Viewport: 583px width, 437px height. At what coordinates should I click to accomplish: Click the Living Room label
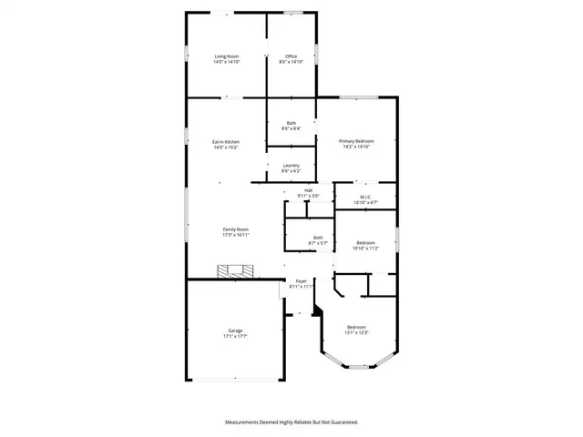click(x=227, y=56)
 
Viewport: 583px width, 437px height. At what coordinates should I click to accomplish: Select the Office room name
click(x=291, y=56)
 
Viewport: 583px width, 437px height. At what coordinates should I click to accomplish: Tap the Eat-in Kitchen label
click(x=226, y=141)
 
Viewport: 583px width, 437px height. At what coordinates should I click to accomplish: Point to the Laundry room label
click(x=291, y=166)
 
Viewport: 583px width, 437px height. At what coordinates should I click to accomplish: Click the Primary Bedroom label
click(x=356, y=141)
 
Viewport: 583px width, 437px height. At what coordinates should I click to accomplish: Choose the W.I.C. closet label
click(x=364, y=196)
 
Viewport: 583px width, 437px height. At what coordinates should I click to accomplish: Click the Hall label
click(x=309, y=190)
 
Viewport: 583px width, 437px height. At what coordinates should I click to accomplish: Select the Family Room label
click(x=236, y=229)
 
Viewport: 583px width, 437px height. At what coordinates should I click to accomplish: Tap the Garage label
click(x=235, y=330)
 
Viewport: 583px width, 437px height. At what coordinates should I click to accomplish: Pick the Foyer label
click(x=301, y=281)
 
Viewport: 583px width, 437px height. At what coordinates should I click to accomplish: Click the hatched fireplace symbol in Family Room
click(x=236, y=270)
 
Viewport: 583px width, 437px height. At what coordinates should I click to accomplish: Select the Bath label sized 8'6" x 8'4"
click(x=291, y=123)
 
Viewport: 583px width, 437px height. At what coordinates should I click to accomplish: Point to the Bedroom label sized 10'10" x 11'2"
click(x=364, y=242)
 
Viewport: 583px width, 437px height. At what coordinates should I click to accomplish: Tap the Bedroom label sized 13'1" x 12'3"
click(x=356, y=327)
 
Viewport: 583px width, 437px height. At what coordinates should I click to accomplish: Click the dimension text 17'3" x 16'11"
click(x=236, y=235)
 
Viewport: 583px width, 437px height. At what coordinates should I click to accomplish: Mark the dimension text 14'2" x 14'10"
click(x=356, y=147)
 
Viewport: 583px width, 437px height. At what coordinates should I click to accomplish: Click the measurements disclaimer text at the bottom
click(x=291, y=422)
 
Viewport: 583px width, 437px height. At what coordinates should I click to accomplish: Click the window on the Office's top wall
click(x=293, y=13)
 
